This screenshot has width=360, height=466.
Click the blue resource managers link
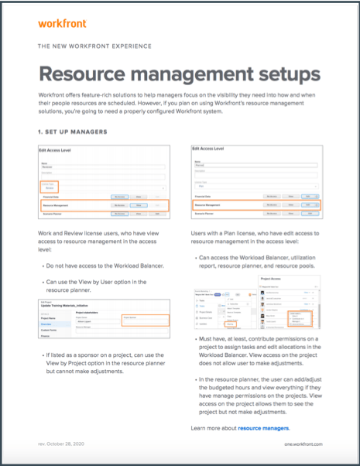(x=263, y=427)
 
